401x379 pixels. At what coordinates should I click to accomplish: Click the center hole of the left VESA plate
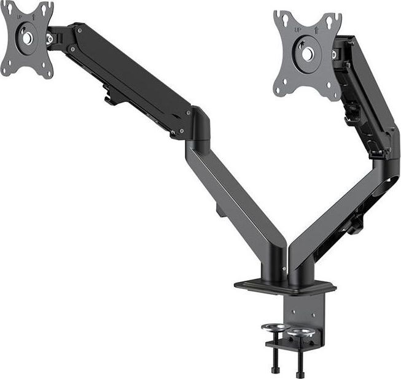[27, 37]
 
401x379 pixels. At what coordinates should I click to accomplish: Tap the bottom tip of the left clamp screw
[274, 369]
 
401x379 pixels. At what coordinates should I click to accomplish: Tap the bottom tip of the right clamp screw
[300, 375]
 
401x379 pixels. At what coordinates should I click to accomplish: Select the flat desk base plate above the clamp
[284, 287]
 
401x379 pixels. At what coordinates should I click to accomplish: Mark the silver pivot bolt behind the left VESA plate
[49, 39]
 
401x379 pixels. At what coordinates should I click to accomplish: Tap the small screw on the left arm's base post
[284, 268]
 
